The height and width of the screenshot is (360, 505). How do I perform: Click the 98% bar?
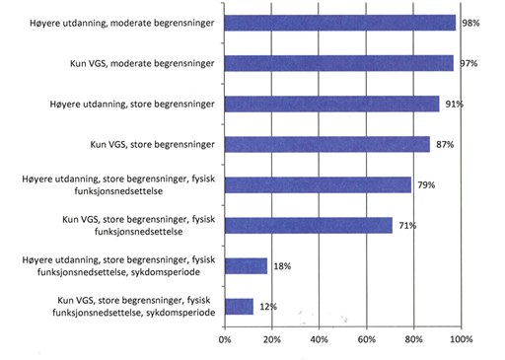click(340, 23)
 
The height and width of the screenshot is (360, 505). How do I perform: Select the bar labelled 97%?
click(338, 63)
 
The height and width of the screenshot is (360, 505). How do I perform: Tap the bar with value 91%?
click(331, 104)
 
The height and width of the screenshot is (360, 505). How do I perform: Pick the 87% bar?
click(326, 144)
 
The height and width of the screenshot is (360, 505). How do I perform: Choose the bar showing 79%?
click(318, 184)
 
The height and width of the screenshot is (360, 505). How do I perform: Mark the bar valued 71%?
click(308, 225)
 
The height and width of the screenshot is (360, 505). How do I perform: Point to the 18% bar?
click(246, 265)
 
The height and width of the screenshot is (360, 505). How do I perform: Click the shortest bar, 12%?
click(239, 306)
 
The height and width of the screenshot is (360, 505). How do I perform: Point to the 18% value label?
click(281, 266)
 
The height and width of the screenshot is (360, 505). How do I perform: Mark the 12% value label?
click(267, 307)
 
